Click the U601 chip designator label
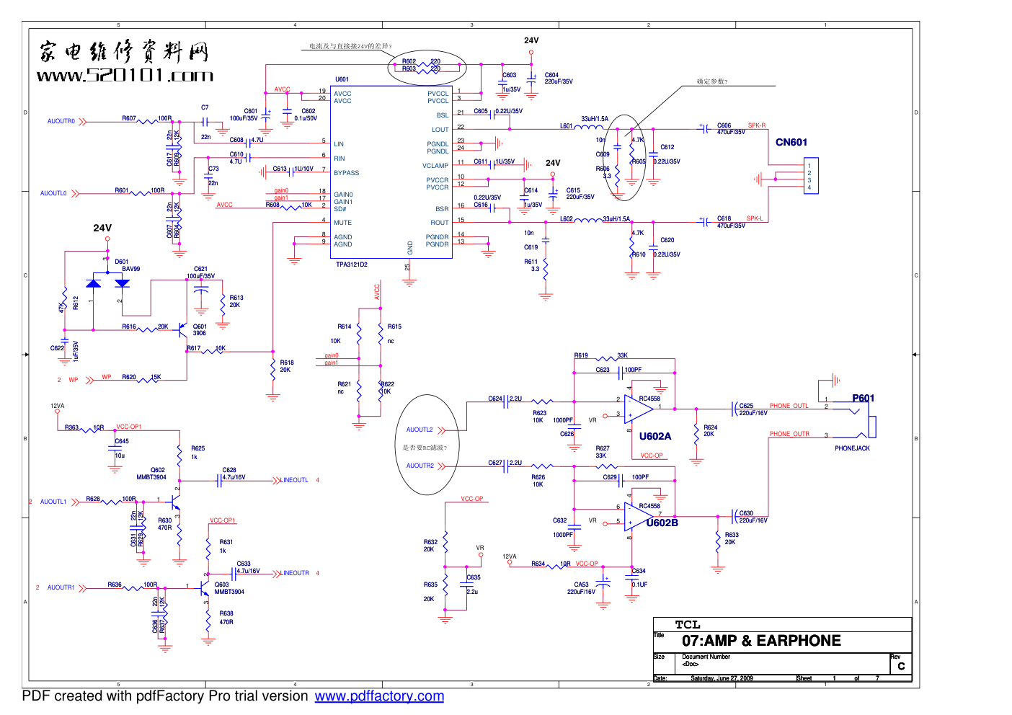[342, 79]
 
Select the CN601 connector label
[791, 142]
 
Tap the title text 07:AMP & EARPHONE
[761, 641]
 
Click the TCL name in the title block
[688, 625]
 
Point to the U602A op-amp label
[654, 436]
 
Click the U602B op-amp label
[662, 523]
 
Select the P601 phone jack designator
[863, 398]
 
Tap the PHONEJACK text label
[852, 448]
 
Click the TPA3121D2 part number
[352, 265]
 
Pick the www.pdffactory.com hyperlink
[379, 696]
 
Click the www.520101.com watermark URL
[125, 75]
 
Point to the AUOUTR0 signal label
[61, 121]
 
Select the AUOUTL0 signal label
[53, 193]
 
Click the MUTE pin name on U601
[342, 223]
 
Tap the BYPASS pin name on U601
[346, 173]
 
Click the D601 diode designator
[121, 262]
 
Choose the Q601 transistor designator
[200, 327]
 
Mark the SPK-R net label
[756, 125]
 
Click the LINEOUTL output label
[294, 480]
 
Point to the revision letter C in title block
[901, 666]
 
